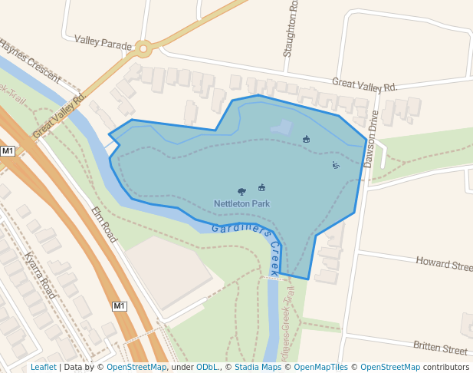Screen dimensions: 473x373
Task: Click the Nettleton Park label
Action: pyautogui.click(x=241, y=203)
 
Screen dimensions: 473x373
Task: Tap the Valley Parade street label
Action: pyautogui.click(x=103, y=41)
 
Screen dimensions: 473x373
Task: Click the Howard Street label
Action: pyautogui.click(x=444, y=265)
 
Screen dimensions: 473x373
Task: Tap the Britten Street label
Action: pyautogui.click(x=440, y=348)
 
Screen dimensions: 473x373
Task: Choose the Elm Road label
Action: pyautogui.click(x=103, y=224)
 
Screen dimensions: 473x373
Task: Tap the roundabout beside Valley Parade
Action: pyautogui.click(x=143, y=49)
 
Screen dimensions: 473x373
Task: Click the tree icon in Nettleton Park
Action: pyautogui.click(x=242, y=191)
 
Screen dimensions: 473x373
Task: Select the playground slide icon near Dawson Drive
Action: pyautogui.click(x=335, y=165)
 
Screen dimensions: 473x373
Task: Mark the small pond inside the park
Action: pyautogui.click(x=281, y=127)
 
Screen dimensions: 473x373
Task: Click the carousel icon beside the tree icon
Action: pyautogui.click(x=261, y=187)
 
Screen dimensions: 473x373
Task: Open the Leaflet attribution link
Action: pyautogui.click(x=44, y=368)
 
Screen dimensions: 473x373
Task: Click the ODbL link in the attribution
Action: pyautogui.click(x=207, y=368)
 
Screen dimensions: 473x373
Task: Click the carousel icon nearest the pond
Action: pyautogui.click(x=307, y=139)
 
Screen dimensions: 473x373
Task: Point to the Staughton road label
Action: pyautogui.click(x=290, y=29)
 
